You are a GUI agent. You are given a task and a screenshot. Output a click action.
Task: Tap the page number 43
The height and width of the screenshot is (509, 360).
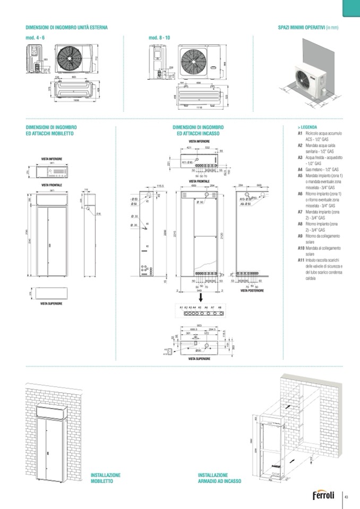346,497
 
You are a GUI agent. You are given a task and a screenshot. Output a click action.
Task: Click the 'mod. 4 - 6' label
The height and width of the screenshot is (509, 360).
36,38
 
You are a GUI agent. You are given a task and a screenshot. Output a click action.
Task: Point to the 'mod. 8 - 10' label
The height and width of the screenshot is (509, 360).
160,38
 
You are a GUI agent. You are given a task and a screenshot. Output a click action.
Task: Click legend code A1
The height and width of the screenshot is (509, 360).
300,133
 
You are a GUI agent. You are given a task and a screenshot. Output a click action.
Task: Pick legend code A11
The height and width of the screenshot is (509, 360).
301,260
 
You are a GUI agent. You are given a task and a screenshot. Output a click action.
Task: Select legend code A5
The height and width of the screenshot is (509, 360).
300,175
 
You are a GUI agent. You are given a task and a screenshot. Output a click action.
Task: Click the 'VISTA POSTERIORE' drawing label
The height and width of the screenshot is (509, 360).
252,290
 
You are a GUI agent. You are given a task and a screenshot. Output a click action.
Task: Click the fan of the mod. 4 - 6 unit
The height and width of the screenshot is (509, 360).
69,57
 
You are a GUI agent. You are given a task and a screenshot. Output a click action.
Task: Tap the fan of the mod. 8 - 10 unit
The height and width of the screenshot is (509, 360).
193,63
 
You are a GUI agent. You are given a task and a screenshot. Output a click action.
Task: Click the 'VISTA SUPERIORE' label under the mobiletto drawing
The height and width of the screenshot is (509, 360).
52,303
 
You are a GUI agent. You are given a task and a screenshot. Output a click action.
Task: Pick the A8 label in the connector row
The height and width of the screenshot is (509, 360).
219,307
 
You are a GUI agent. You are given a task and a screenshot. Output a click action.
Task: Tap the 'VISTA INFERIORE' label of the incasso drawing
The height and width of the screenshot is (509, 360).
199,142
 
